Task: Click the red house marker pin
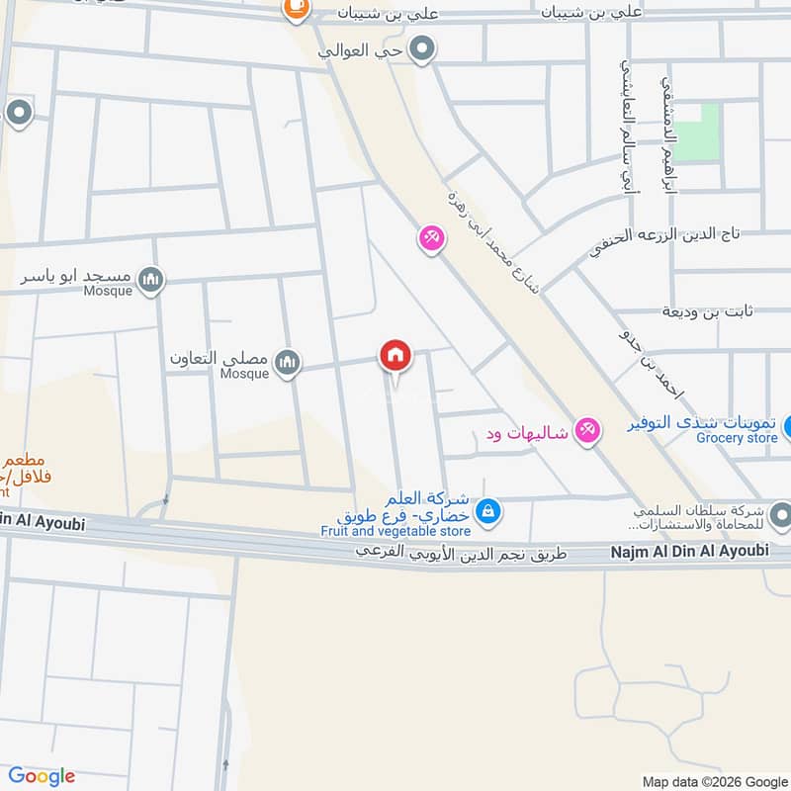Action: click(x=395, y=356)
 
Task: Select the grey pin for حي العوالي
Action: click(x=423, y=48)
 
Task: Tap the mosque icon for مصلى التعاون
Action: click(x=287, y=363)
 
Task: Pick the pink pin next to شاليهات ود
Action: click(x=588, y=431)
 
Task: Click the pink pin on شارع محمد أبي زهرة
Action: click(x=430, y=238)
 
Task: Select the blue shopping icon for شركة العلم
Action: click(x=486, y=511)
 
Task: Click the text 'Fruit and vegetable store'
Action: click(x=395, y=531)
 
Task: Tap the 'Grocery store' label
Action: click(x=737, y=438)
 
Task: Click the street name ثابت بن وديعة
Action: click(x=707, y=311)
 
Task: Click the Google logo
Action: click(x=42, y=776)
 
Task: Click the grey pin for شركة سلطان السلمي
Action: click(x=779, y=514)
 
